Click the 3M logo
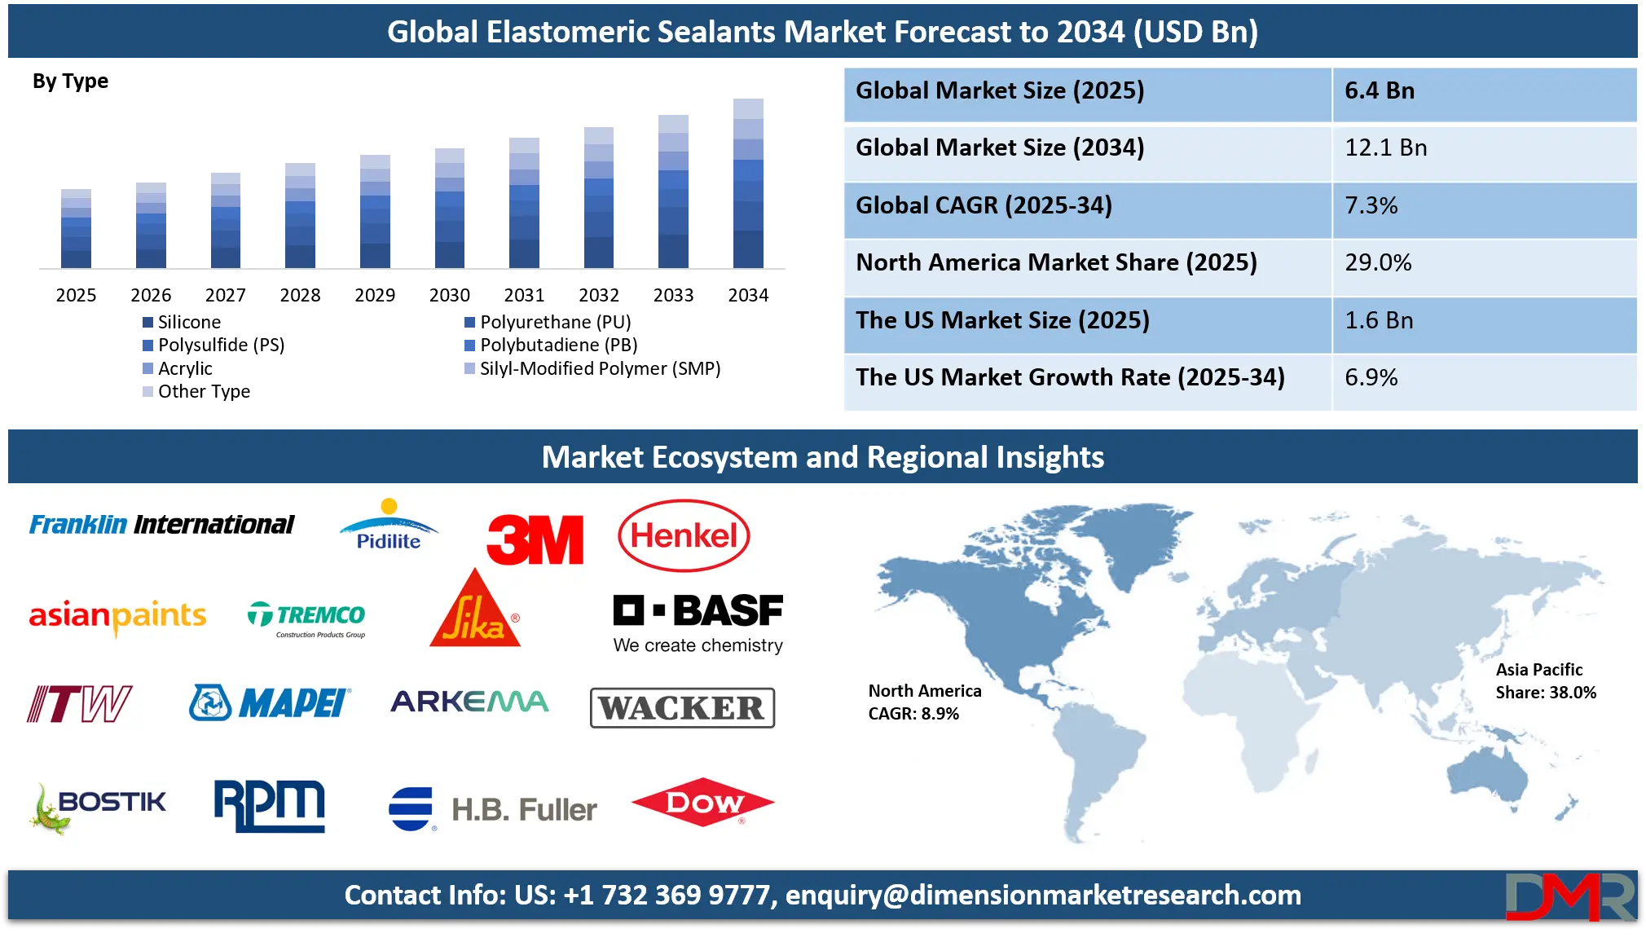[535, 539]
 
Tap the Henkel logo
[684, 535]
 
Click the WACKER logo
[682, 707]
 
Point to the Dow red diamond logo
[702, 802]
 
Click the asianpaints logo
[117, 616]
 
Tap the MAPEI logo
[270, 702]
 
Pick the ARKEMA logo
[469, 702]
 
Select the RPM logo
[269, 805]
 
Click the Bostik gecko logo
[98, 806]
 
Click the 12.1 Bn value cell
[1385, 148]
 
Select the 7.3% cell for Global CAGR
[1371, 205]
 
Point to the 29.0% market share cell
[1378, 262]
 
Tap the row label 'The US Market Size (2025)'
[1002, 320]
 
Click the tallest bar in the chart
[750, 184]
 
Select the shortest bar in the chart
[75, 230]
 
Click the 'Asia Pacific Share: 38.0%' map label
[1546, 681]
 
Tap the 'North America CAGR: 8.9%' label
[925, 702]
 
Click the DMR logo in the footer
[1569, 897]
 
